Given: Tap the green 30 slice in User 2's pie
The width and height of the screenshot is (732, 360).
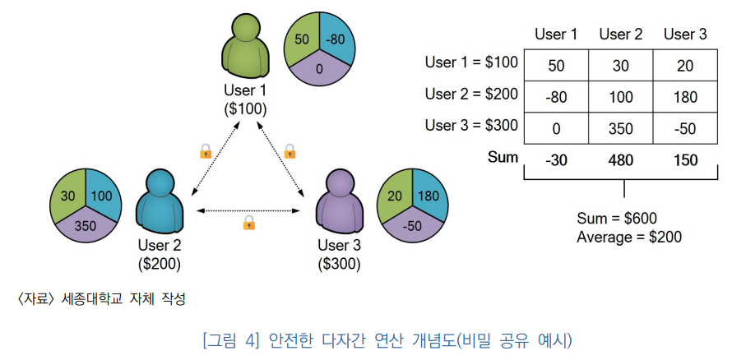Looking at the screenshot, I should point(67,195).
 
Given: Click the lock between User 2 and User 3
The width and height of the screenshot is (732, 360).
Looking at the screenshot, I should point(249,223).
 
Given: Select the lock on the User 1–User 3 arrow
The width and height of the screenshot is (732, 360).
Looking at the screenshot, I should point(290,151).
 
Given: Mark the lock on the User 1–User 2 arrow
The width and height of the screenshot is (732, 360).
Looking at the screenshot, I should point(206,151).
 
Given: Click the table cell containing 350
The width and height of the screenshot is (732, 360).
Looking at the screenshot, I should point(620,128).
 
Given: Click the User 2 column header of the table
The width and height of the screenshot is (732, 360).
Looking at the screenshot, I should point(620,35).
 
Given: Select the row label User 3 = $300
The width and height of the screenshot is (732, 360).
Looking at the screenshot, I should point(471,125).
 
